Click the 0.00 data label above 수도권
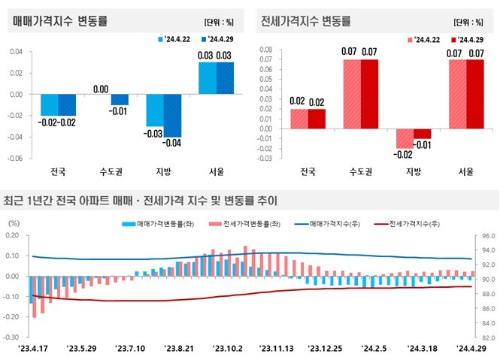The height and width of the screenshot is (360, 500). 102,89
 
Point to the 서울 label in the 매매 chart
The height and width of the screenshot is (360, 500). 217,171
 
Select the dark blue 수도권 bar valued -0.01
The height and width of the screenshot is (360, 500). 120,100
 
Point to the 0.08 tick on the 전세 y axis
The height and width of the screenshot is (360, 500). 265,50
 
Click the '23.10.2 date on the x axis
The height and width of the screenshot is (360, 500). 227,349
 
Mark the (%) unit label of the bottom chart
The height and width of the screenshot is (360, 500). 14,223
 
